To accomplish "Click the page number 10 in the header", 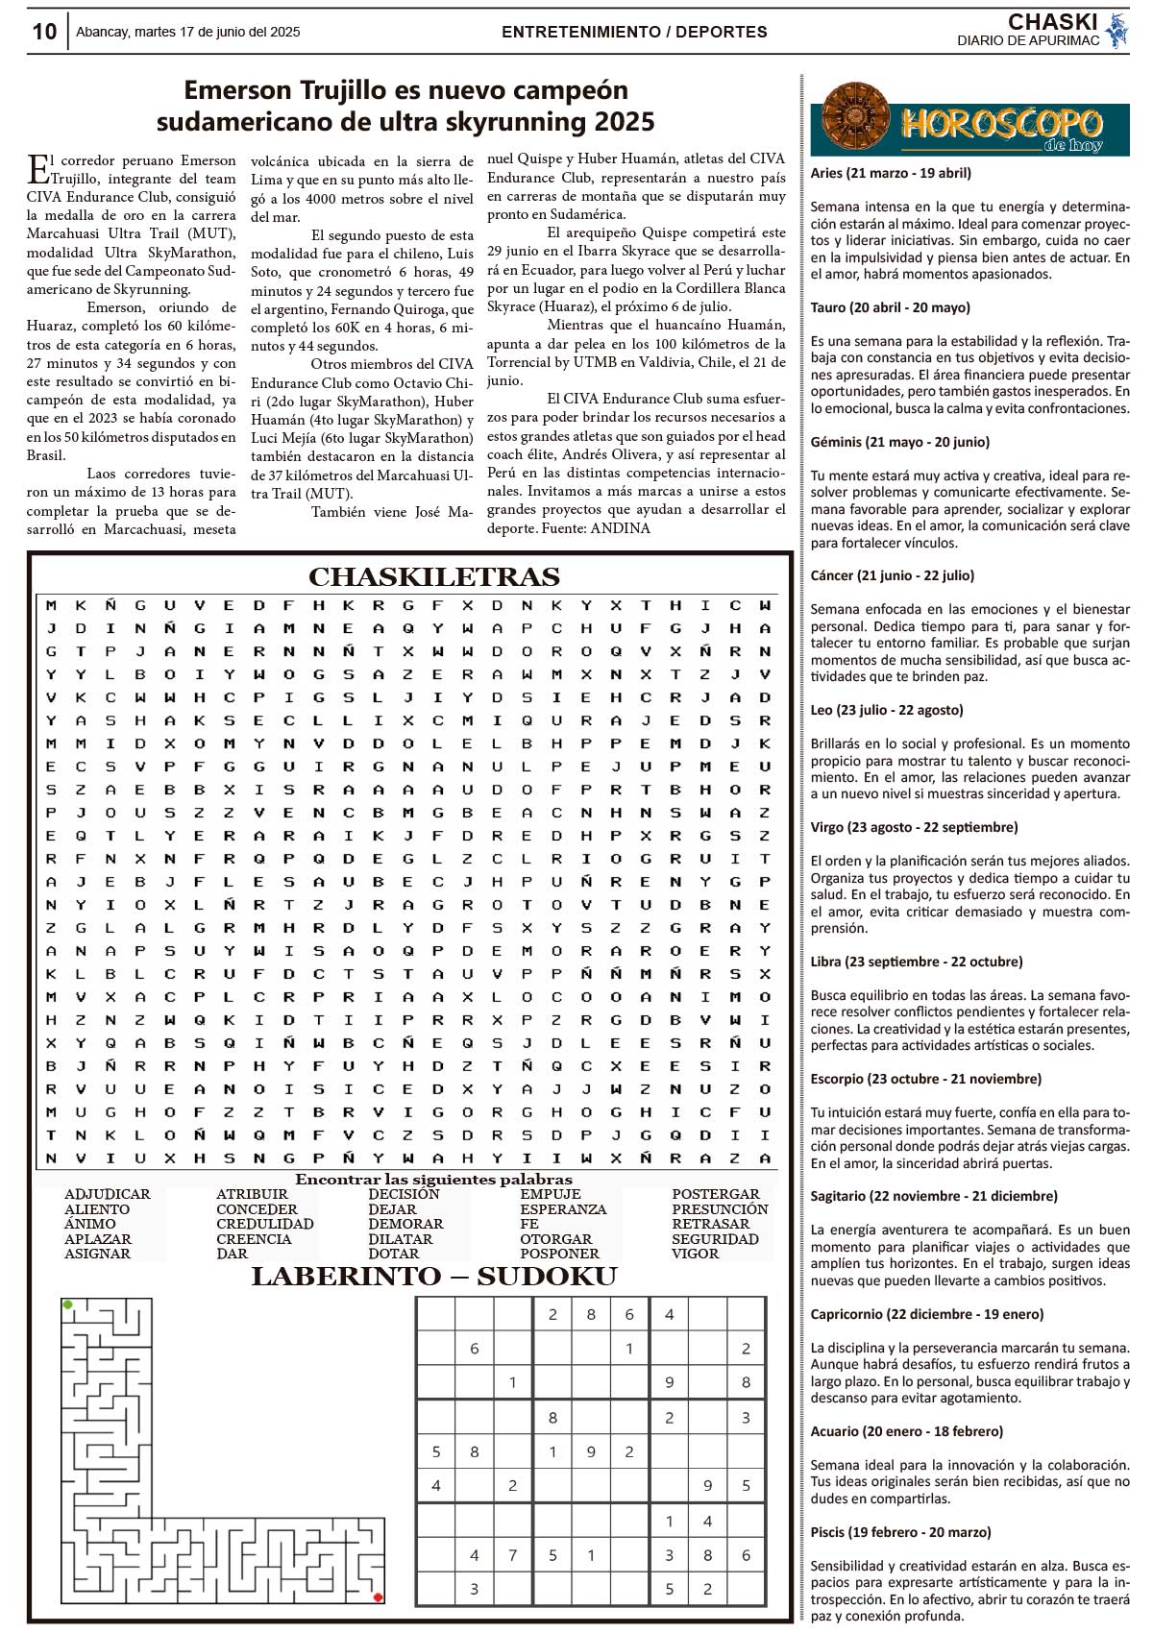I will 44,32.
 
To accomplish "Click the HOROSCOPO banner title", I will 999,125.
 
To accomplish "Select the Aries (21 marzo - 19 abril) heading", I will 891,174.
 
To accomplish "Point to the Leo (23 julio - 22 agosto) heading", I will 887,710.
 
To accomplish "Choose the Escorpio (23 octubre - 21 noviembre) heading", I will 925,1079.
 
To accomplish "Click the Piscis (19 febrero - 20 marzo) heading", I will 900,1532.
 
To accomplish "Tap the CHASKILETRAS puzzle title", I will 433,576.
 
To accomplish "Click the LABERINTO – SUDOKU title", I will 433,1277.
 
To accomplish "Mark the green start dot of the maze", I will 67,1304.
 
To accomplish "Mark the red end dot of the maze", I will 378,1597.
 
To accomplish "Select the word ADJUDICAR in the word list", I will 107,1194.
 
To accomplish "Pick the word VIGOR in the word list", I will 695,1254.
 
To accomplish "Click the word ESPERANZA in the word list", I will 563,1209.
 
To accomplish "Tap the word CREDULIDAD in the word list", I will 264,1224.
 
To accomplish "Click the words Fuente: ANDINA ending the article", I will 596,528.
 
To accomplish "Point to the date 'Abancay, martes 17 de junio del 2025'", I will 187,32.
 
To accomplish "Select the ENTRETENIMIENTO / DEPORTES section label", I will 634,32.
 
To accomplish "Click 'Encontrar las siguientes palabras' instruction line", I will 433,1180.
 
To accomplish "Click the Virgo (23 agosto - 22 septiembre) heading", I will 914,827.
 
